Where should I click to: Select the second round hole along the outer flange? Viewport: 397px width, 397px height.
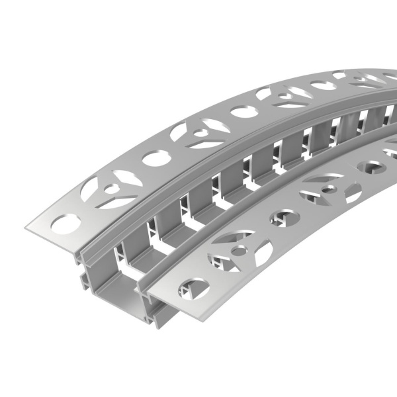coord(154,158)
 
